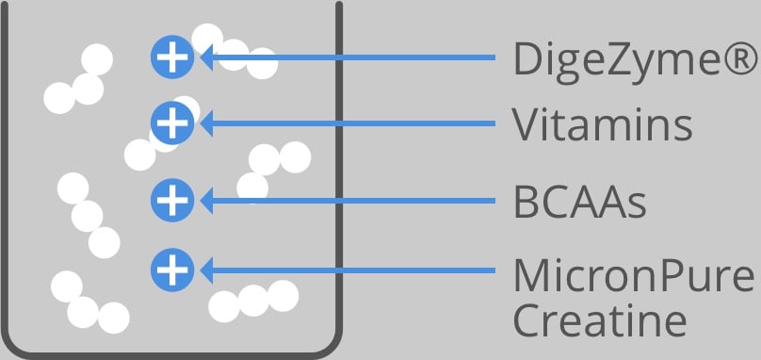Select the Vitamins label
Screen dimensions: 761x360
point(602,123)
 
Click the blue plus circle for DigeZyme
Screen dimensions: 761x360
point(172,57)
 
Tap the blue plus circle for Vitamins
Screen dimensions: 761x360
point(172,123)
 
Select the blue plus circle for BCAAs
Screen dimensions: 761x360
point(172,200)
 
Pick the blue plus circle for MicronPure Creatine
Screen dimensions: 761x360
point(172,270)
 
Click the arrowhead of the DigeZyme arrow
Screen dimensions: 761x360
point(206,57)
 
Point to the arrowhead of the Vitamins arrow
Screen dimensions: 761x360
point(206,123)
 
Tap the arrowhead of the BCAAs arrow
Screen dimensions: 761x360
point(206,201)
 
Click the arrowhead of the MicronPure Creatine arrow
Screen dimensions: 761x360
point(206,270)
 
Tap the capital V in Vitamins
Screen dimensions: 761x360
point(527,124)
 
